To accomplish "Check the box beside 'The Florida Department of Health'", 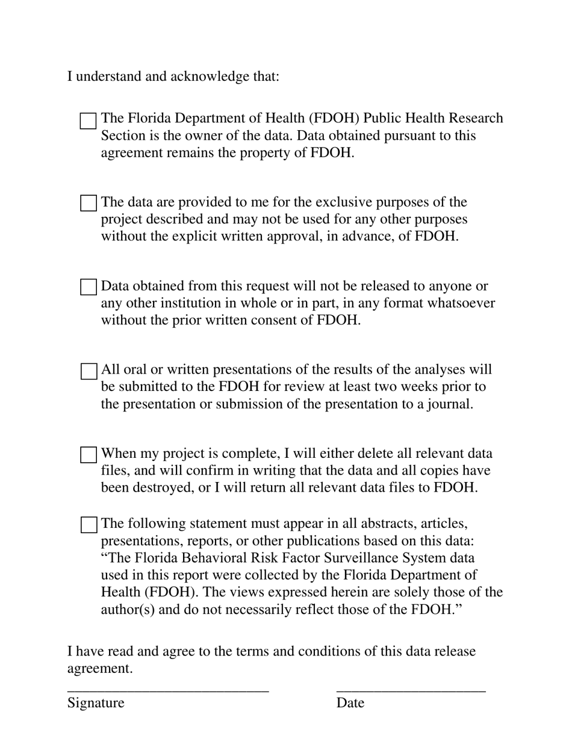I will click(x=88, y=120).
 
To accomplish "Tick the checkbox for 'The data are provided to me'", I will click(x=88, y=203).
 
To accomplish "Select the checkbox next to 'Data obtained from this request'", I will click(x=88, y=287).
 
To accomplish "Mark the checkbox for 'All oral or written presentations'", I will click(x=88, y=370).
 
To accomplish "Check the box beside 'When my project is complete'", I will click(x=88, y=454).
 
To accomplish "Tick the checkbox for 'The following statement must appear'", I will click(x=88, y=525).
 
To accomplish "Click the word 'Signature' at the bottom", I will click(x=96, y=703).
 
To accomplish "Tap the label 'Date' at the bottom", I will click(x=350, y=703).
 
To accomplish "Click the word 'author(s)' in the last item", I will click(x=128, y=609).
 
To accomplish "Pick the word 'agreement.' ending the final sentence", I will click(x=100, y=669).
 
